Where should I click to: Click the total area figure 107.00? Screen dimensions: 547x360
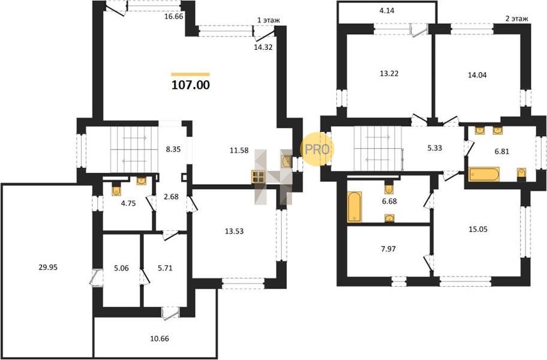point(191,85)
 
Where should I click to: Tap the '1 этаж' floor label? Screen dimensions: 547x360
point(268,20)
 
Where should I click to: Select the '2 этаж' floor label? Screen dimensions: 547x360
point(516,19)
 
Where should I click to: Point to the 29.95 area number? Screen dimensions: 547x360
point(48,268)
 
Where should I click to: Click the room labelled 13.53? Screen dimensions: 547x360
point(234,231)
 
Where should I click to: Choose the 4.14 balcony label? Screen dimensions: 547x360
point(386,11)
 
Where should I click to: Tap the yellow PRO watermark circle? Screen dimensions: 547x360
point(317,149)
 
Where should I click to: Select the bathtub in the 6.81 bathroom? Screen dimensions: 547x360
point(484,175)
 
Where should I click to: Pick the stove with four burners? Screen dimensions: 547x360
point(259,177)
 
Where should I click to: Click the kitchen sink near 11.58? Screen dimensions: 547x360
point(287,161)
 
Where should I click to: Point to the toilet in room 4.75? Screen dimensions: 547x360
point(116,190)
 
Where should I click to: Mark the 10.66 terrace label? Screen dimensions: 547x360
point(160,338)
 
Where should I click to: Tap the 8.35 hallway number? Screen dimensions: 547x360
point(173,149)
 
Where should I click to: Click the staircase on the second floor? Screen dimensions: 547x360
point(378,149)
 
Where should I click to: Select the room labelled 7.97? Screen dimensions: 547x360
point(388,249)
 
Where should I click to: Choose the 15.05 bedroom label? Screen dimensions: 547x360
point(478,230)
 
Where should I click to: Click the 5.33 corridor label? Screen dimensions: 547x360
point(435,148)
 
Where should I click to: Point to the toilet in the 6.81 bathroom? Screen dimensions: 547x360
point(521,173)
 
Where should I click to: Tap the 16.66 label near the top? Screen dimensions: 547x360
point(174,16)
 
